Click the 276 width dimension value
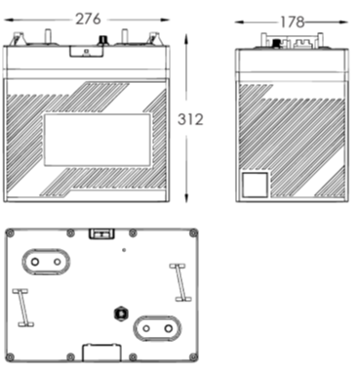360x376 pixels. coord(88,20)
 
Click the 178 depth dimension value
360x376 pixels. coord(292,22)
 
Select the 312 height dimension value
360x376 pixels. coord(190,119)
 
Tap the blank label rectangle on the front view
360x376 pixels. coord(98,140)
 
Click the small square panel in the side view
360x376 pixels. coord(256,185)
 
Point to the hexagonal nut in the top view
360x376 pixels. coord(121,313)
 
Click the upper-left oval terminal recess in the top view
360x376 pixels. coord(46,262)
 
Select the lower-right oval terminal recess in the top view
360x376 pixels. coord(157,328)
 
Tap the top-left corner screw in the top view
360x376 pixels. coord(10,233)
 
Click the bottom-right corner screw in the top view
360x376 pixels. coord(193,356)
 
